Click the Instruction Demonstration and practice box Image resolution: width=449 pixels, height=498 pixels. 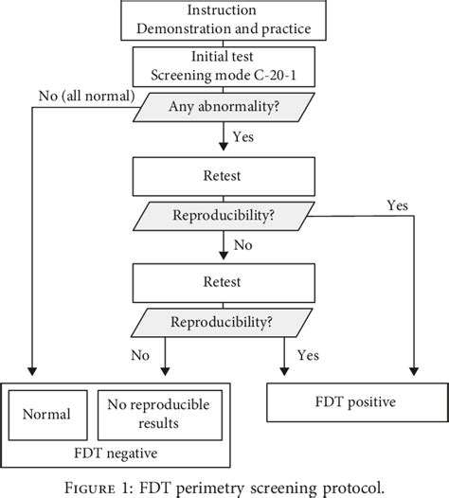(225, 20)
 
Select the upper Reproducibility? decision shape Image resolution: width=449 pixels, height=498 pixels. (225, 215)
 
